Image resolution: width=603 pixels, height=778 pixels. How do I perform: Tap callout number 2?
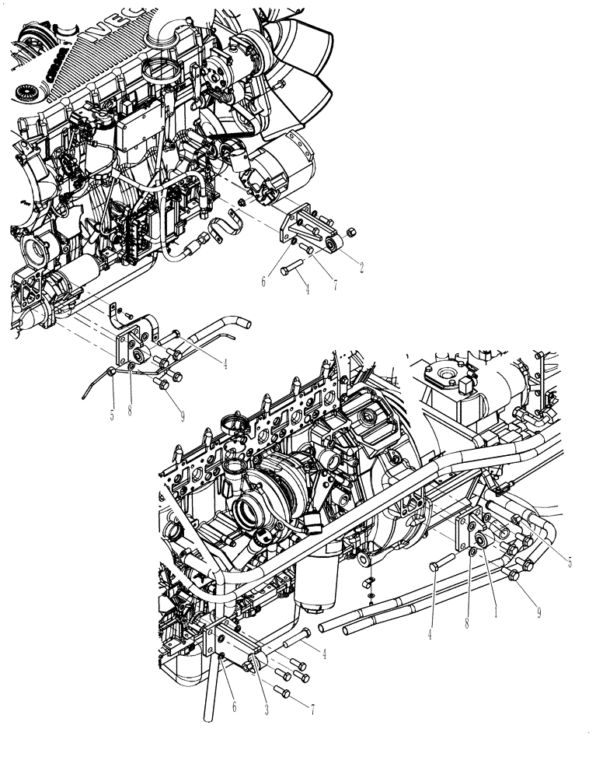[x=361, y=266]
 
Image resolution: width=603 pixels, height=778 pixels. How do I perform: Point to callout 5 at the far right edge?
[x=570, y=562]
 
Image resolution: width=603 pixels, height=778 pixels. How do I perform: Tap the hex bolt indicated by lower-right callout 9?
[x=515, y=575]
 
